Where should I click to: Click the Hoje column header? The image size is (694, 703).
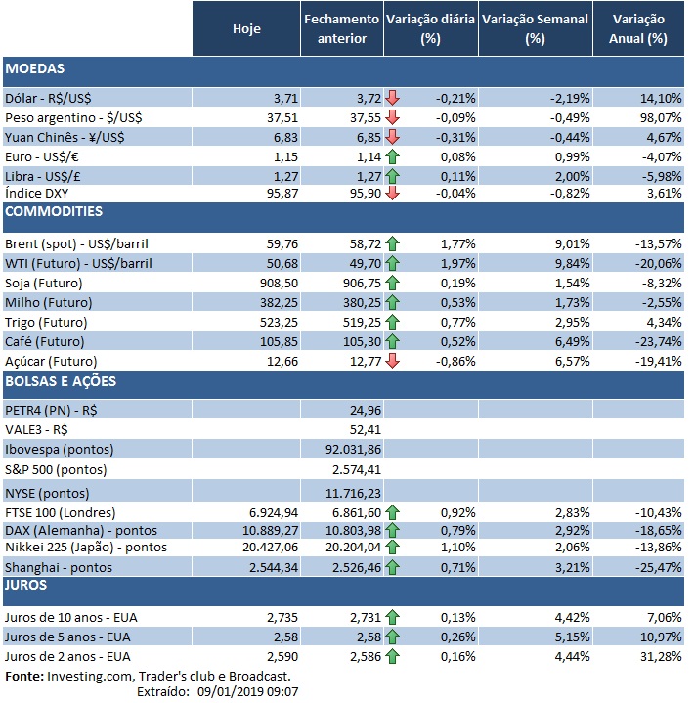[x=247, y=29]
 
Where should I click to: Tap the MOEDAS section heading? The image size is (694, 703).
[x=35, y=70]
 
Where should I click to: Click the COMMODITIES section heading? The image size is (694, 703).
[x=54, y=211]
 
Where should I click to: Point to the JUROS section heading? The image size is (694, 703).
[x=29, y=585]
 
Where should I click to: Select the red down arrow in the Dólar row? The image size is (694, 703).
[x=392, y=97]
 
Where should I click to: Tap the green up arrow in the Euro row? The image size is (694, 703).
[x=392, y=155]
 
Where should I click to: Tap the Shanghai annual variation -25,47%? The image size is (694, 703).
[x=657, y=567]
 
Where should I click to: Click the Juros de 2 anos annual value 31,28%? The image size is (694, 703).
[x=660, y=655]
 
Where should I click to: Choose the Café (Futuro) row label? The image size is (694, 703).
[x=45, y=340]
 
